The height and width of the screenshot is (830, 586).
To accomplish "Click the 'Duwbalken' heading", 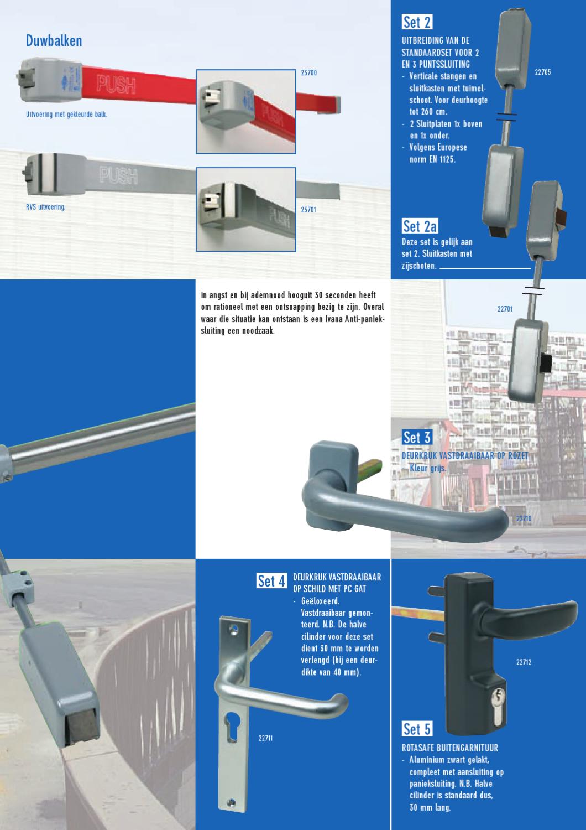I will [x=54, y=40].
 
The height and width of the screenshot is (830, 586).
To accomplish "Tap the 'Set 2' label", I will [x=417, y=22].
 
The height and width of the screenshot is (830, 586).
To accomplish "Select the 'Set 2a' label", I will [x=420, y=226].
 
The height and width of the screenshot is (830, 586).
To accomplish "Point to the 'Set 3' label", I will [x=416, y=437].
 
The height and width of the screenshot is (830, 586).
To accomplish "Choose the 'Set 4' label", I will [x=271, y=581].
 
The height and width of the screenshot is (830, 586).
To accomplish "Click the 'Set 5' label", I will [x=417, y=729].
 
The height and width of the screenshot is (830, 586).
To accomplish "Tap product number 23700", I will [x=308, y=73].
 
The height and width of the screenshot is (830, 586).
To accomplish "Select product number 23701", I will [x=308, y=210].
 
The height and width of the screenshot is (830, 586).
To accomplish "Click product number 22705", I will [x=542, y=72].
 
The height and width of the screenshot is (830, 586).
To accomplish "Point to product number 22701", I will [x=505, y=309].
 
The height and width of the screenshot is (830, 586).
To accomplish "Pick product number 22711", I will [x=265, y=738].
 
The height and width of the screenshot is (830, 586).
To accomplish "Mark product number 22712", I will [x=524, y=662].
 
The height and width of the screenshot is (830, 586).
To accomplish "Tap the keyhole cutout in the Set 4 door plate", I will [x=230, y=726].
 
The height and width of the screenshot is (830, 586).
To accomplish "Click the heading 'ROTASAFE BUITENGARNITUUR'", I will [x=449, y=748].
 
